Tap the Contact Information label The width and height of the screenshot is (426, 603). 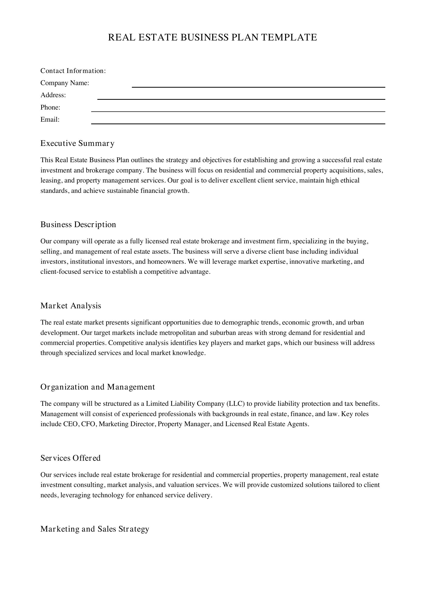tap(73, 71)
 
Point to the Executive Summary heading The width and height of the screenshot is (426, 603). tap(77, 143)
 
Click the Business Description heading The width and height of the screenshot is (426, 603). tap(78, 225)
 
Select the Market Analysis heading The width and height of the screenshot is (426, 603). tap(71, 306)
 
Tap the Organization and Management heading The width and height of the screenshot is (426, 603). tap(98, 387)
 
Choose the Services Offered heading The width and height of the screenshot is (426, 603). tap(70, 458)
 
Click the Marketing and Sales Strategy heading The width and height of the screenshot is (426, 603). tap(95, 529)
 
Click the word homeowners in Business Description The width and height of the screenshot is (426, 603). tap(166, 262)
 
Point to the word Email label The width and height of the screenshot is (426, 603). tap(50, 120)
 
